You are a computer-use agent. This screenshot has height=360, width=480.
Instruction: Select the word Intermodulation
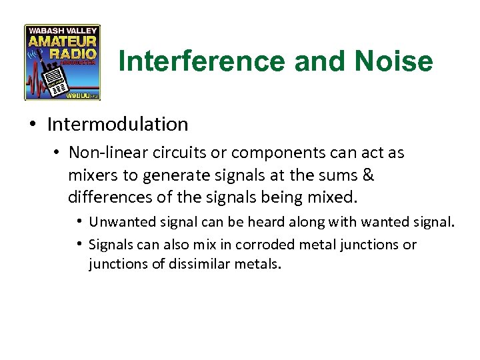(118, 124)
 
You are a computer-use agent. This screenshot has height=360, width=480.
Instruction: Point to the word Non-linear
(101, 153)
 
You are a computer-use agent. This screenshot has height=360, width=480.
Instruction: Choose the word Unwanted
(119, 222)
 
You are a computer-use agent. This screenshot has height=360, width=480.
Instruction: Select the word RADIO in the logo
(81, 53)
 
